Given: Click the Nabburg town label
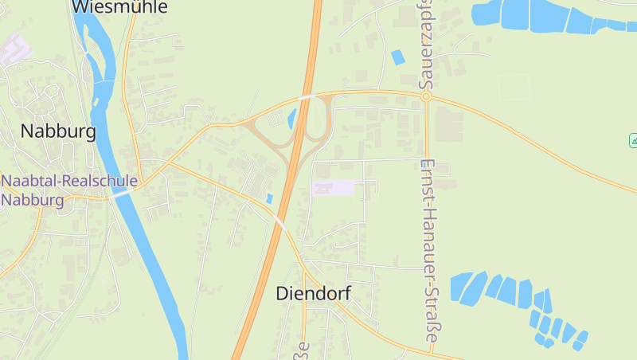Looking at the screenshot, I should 58,131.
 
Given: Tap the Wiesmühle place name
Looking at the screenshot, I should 119,7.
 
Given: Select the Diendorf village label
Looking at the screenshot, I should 313,293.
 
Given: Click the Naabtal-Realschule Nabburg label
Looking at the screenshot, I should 68,190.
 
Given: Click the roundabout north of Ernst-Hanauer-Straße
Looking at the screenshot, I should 427,96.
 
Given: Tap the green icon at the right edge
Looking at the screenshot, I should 633,140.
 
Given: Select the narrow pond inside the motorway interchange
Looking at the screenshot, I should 291,119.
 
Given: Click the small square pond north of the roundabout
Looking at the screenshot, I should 397,57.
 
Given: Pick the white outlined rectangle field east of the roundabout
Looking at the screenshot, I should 514,87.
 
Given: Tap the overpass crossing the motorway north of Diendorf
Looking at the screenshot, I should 279,221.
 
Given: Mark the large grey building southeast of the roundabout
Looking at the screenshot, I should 448,124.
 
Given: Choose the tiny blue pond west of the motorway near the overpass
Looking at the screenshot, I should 269,198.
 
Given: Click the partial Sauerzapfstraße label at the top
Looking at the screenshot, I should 427,44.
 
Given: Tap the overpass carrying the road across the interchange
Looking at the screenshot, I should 307,98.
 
